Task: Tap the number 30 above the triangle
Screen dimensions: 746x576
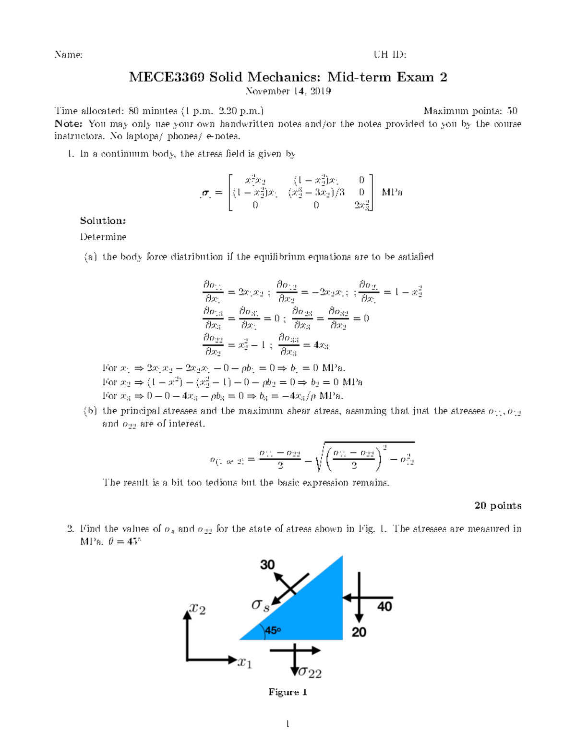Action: coord(267,564)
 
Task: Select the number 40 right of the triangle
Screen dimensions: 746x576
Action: coord(384,607)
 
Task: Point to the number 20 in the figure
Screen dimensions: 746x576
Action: coord(359,632)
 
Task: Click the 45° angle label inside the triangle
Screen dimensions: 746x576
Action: coord(272,631)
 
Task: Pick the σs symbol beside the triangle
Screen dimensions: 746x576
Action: coord(260,605)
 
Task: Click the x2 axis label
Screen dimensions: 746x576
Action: coord(197,609)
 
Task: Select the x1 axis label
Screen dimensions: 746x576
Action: coord(244,663)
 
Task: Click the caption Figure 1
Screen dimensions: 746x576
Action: coord(288,692)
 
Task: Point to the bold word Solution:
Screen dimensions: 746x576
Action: coord(103,221)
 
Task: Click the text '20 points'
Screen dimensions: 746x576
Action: coord(497,505)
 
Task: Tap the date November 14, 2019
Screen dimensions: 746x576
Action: coord(288,91)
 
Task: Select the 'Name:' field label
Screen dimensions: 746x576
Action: coord(68,55)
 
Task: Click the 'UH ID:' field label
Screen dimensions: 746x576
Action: coord(390,55)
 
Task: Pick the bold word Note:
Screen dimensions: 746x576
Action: coord(69,124)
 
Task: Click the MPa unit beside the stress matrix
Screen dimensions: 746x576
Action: coord(392,193)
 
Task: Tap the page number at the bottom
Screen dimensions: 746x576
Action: coord(288,724)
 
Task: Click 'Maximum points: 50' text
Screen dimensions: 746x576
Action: coord(470,111)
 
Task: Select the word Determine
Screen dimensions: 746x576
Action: coord(103,237)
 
